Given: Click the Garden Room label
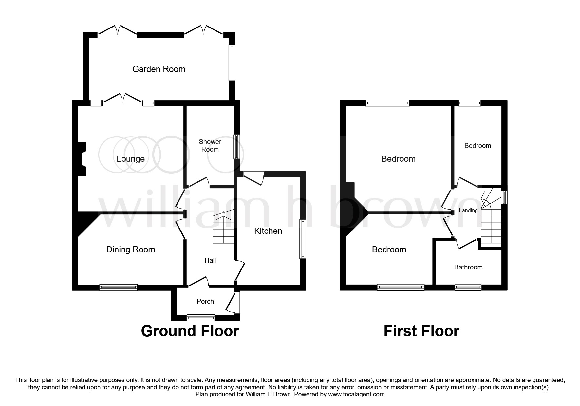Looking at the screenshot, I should click(x=159, y=69).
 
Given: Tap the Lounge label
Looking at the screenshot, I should click(x=131, y=159).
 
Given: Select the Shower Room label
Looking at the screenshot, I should click(x=210, y=145).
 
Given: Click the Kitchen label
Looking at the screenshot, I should click(x=268, y=231).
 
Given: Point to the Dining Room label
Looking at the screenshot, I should click(x=131, y=249).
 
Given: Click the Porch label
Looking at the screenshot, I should click(x=205, y=301).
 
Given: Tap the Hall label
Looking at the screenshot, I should click(x=210, y=260).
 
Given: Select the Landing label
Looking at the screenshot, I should click(x=468, y=211).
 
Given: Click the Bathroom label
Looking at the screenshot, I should click(x=468, y=267).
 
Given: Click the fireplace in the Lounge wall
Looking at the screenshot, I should click(x=83, y=159).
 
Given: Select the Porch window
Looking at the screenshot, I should click(x=201, y=317).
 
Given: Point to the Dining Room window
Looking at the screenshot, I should click(x=119, y=287).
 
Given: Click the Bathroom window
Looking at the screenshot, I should click(x=468, y=287).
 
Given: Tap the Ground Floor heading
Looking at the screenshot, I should click(x=190, y=331).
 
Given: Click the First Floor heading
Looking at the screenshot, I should click(x=421, y=331).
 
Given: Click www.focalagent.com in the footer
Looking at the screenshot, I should click(x=356, y=394).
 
